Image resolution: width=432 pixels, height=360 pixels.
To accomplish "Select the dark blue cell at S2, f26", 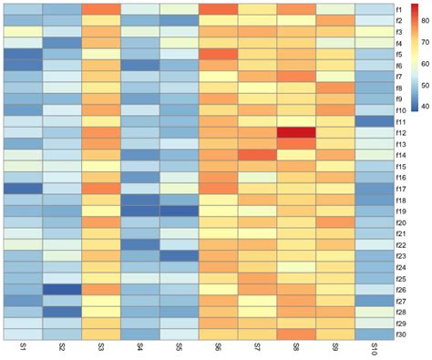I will (60, 289).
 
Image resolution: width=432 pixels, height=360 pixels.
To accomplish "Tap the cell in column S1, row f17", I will (21, 189).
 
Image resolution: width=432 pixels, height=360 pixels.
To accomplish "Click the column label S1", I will (21, 348).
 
